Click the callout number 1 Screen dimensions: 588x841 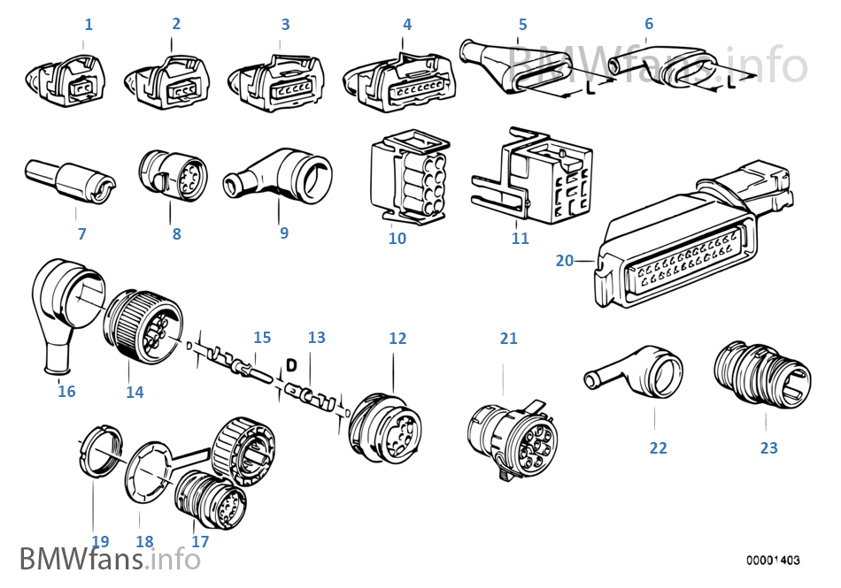(x=89, y=25)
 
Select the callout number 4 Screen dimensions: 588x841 (x=407, y=25)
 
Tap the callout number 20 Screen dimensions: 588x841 (x=565, y=260)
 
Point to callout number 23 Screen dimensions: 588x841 (x=768, y=448)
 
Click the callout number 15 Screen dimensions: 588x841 (x=262, y=338)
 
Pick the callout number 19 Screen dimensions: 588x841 (x=100, y=541)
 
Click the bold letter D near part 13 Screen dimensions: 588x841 (x=290, y=364)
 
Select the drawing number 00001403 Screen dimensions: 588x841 (x=772, y=560)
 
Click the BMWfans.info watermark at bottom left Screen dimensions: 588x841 (x=109, y=559)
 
